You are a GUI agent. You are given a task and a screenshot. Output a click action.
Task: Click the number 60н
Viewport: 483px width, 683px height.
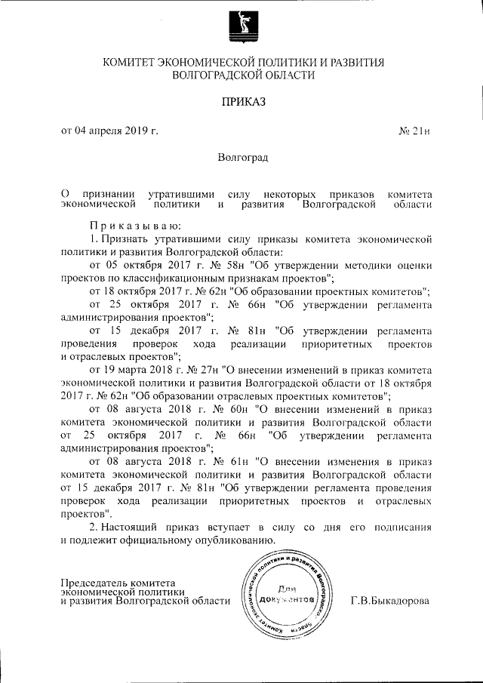point(233,409)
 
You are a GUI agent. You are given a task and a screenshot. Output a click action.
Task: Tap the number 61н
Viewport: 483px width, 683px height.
point(235,461)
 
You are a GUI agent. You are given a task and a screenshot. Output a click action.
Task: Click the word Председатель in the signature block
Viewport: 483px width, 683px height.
point(93,583)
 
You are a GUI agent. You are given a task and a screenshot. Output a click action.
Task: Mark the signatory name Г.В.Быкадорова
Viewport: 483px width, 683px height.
point(390,601)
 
